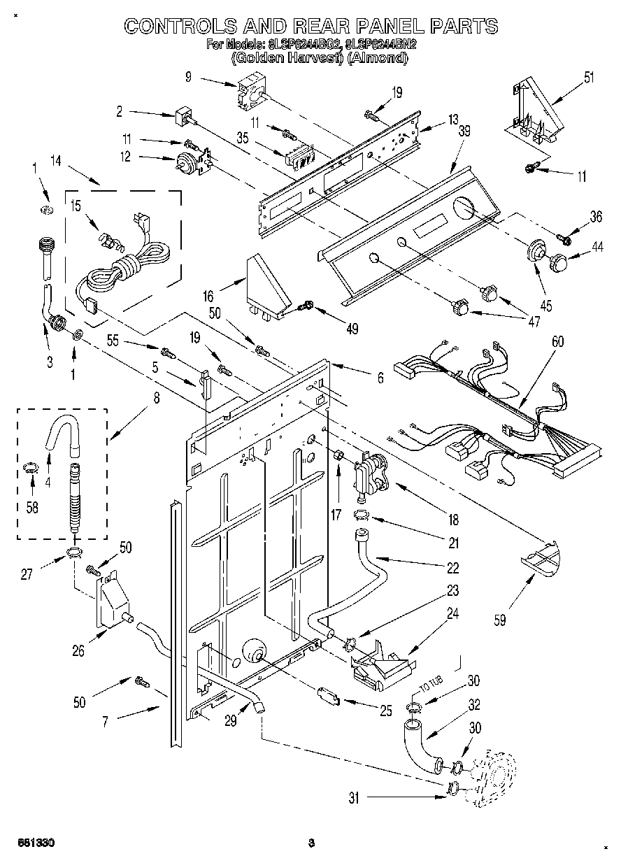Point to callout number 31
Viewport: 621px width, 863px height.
point(355,798)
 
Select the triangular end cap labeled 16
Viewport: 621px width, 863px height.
point(268,287)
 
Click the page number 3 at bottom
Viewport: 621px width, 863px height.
point(311,843)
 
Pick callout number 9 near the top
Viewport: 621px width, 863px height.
point(188,78)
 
